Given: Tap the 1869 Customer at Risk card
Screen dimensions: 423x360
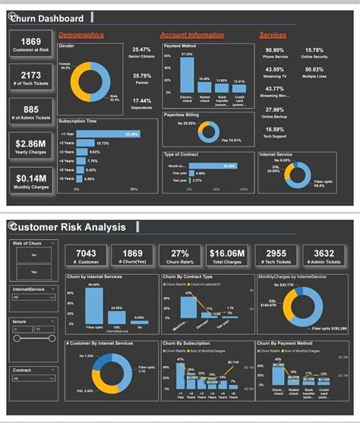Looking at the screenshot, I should (x=30, y=45).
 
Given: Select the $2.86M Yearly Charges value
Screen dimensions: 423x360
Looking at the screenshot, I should (x=30, y=142).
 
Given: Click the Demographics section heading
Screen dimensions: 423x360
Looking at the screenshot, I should (x=81, y=35).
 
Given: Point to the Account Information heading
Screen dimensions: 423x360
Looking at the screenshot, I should (x=191, y=35).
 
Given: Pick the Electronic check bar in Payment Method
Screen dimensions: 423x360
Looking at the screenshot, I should (x=187, y=74).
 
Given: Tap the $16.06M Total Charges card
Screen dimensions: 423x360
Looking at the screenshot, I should (x=228, y=256).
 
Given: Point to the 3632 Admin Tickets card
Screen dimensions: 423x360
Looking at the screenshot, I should (x=324, y=256).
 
